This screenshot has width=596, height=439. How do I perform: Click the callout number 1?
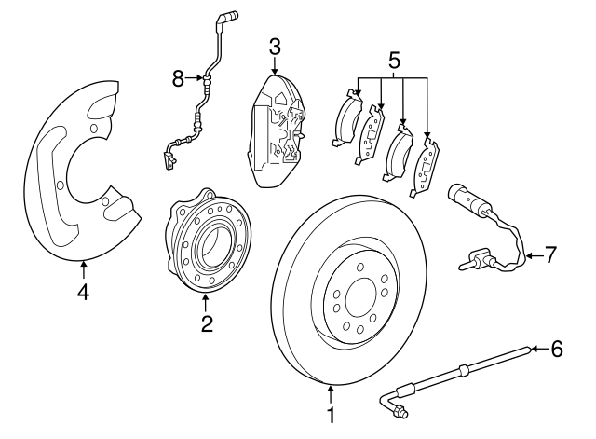pyautogui.click(x=329, y=413)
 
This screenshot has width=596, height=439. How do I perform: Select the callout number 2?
pyautogui.click(x=207, y=323)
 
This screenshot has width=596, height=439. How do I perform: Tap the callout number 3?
pyautogui.click(x=275, y=47)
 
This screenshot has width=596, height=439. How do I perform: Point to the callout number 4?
pyautogui.click(x=83, y=294)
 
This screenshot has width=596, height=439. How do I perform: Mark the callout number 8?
pyautogui.click(x=179, y=79)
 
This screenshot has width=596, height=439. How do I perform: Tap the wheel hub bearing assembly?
pyautogui.click(x=204, y=246)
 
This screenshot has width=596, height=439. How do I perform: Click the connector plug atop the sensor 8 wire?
pyautogui.click(x=227, y=16)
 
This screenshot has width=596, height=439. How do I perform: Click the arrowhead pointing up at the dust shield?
pyautogui.click(x=84, y=268)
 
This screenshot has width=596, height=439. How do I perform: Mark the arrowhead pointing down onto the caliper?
pyautogui.click(x=275, y=71)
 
